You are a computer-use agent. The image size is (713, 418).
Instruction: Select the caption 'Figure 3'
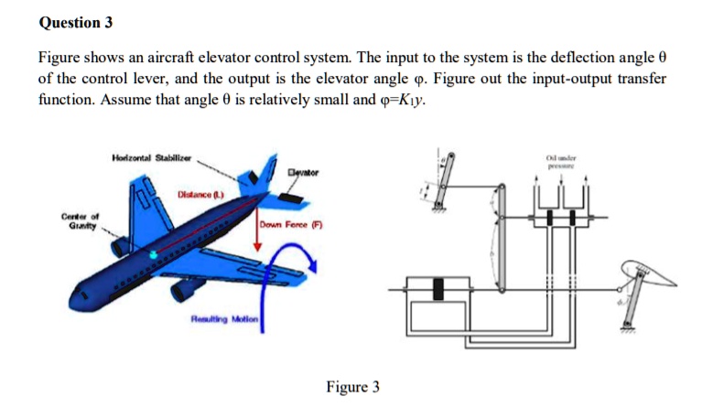click(352, 387)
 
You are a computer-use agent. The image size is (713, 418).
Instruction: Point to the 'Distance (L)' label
click(200, 196)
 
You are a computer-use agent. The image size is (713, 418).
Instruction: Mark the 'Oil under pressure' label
click(558, 162)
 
